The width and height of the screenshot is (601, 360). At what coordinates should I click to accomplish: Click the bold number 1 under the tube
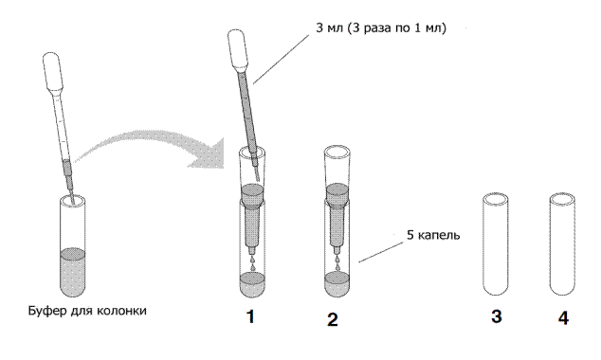250,317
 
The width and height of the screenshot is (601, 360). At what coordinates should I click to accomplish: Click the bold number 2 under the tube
333,319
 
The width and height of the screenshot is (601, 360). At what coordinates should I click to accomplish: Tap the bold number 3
497,317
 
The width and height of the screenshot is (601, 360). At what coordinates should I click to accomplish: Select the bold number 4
563,318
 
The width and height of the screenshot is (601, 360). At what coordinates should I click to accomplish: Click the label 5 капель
433,235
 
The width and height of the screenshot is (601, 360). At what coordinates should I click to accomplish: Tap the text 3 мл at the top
329,28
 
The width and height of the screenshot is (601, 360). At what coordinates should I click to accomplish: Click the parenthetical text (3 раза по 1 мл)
397,28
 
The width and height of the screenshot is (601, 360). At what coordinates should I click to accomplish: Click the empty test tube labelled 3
495,244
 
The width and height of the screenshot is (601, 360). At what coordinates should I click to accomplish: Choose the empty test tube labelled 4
562,244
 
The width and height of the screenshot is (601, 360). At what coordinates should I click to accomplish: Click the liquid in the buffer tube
73,272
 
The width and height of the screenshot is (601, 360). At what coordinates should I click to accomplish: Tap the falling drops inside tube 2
337,262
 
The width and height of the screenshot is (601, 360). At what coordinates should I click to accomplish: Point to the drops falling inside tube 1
252,262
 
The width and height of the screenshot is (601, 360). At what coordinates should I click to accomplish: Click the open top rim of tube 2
337,152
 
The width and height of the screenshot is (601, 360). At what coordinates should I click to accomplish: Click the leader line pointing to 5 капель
381,252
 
